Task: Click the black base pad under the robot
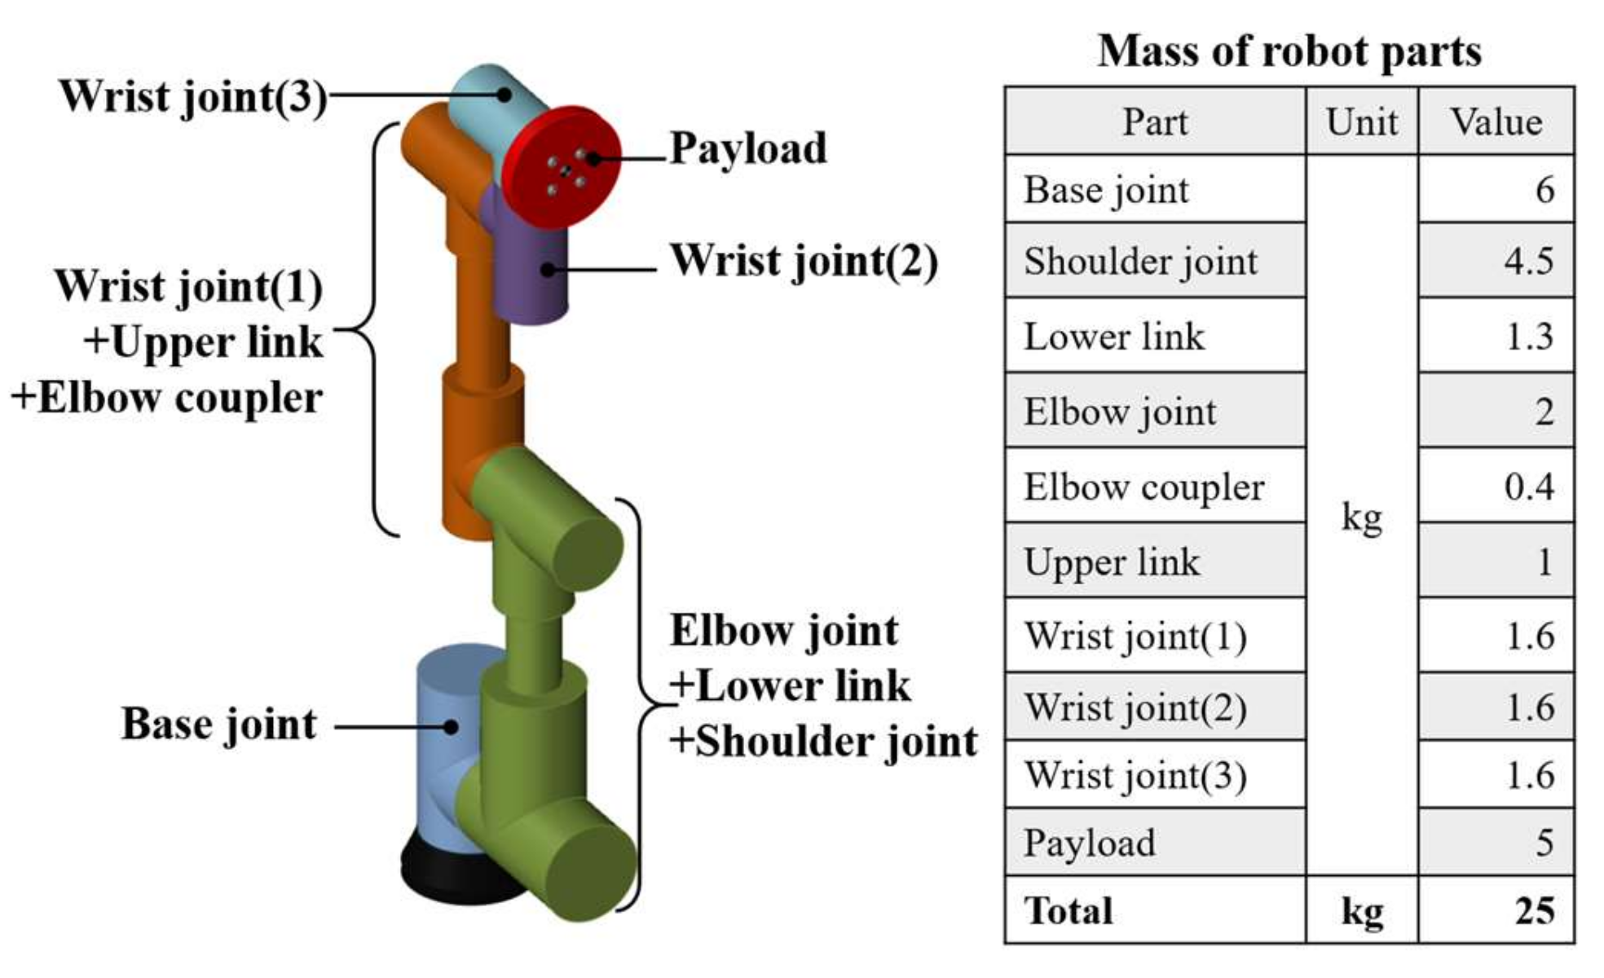[432, 876]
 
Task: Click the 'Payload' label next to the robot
[747, 149]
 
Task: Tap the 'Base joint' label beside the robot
[218, 725]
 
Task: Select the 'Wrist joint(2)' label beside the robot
[803, 262]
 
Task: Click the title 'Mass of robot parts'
[1289, 51]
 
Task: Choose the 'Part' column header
[1154, 122]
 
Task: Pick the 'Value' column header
[1496, 122]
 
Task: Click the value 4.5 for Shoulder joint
[1528, 262]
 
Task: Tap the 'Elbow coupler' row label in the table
[1144, 487]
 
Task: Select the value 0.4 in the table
[1528, 487]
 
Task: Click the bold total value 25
[1534, 910]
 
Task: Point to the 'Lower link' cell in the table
[1113, 337]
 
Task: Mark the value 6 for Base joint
[1544, 190]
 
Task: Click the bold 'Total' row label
[1068, 910]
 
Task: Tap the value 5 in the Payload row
[1544, 843]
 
